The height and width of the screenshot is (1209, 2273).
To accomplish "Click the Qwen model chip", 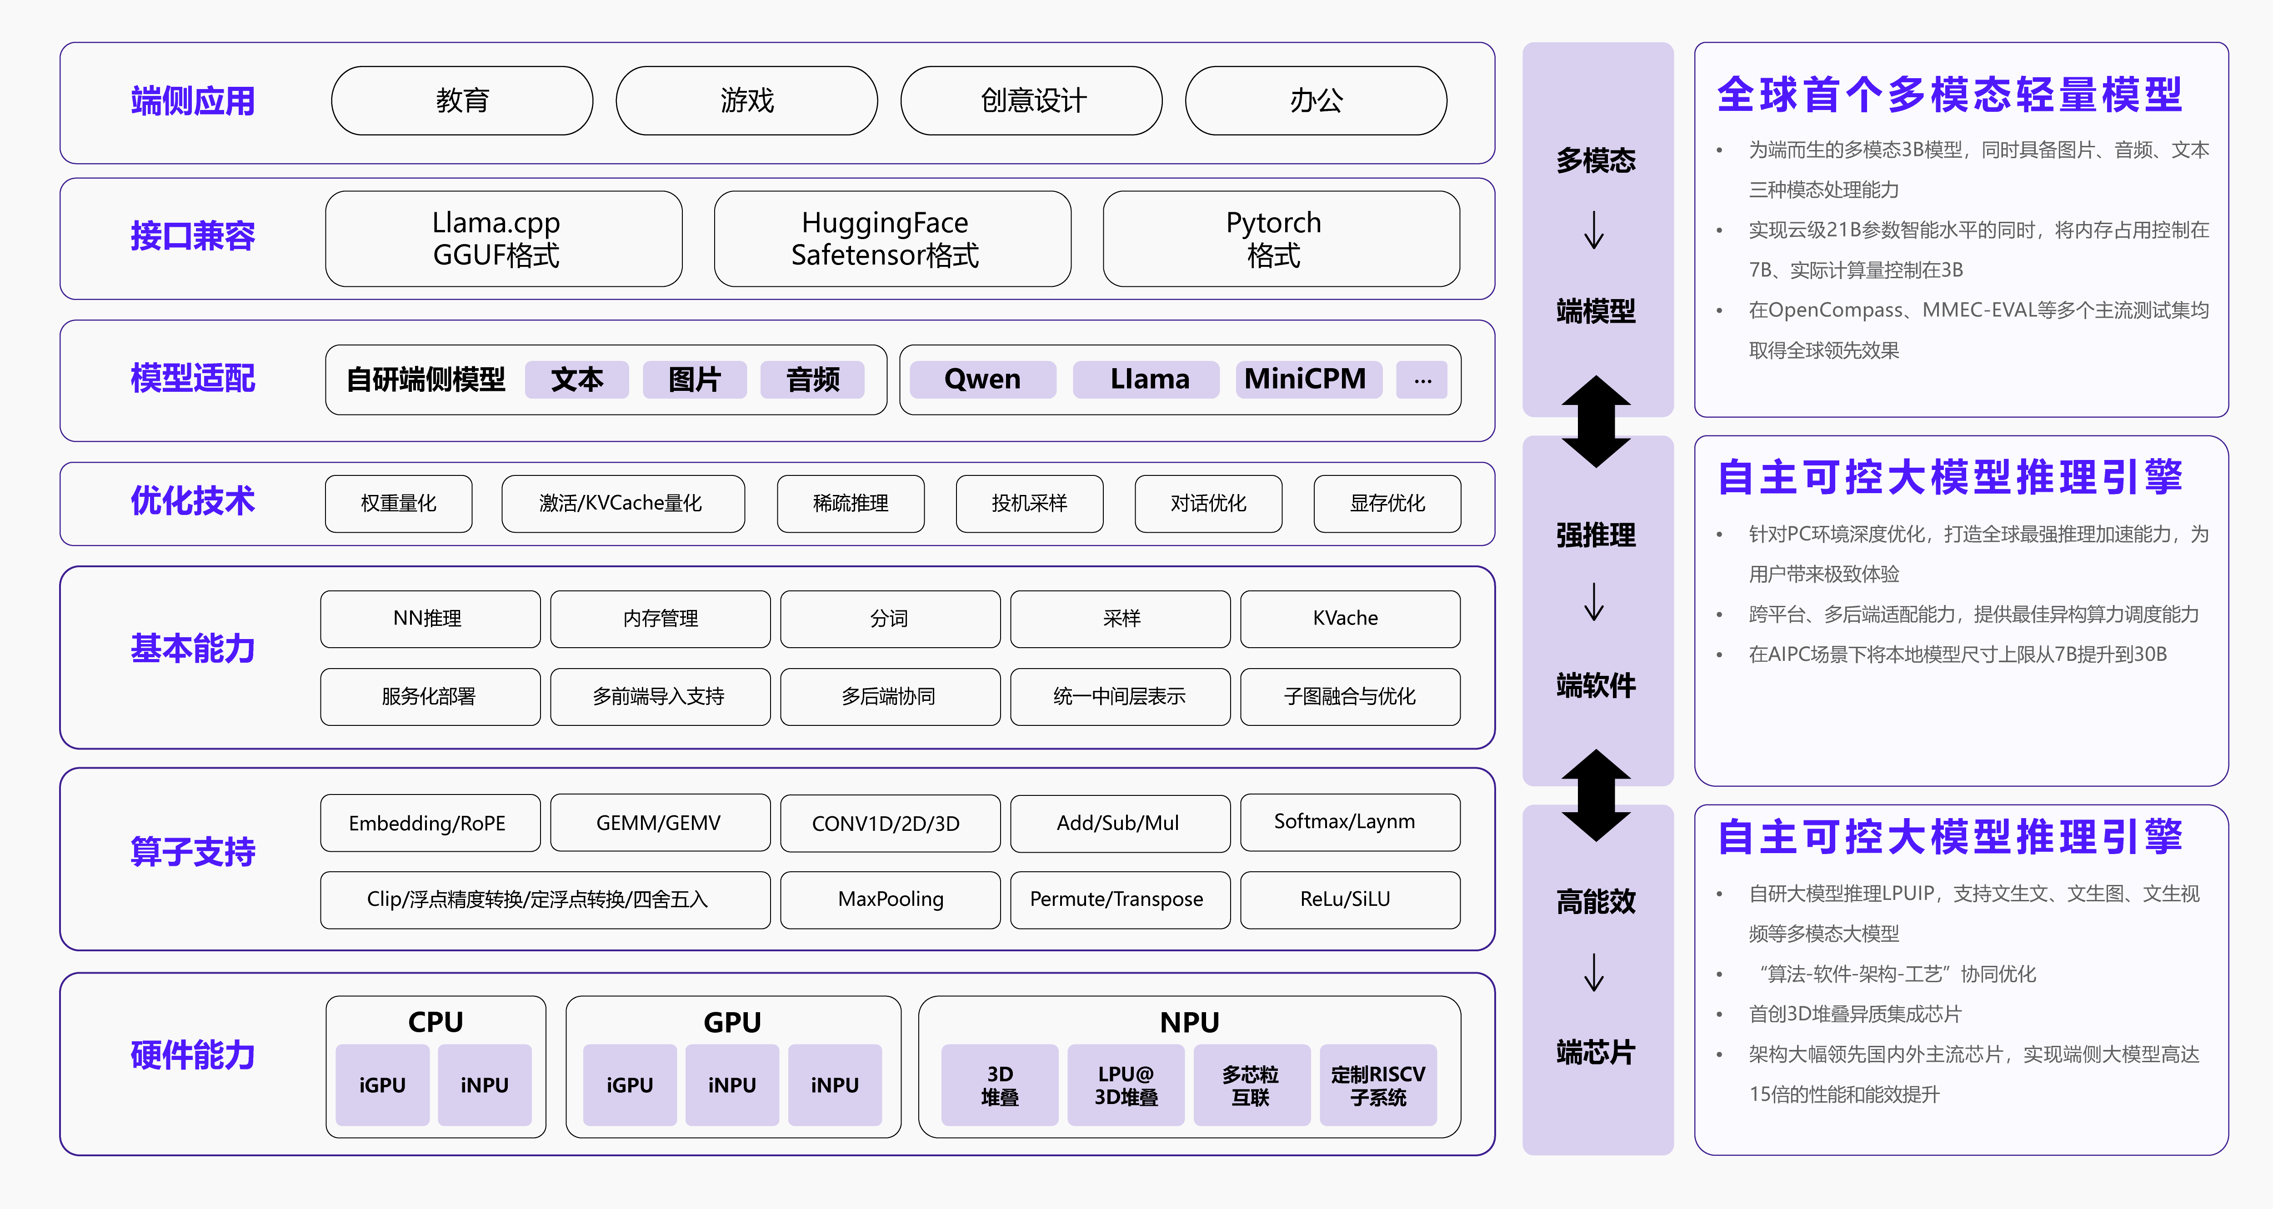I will [x=982, y=380].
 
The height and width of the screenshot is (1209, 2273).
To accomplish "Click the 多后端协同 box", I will [x=890, y=696].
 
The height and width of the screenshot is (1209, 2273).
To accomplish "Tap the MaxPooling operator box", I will [x=890, y=899].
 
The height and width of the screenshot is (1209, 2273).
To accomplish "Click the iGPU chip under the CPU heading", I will [x=382, y=1085].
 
